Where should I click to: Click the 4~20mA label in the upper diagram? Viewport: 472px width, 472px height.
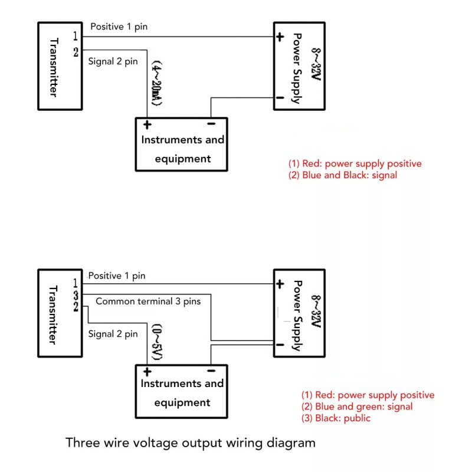click(156, 83)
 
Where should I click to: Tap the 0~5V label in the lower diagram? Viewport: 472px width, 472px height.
click(157, 342)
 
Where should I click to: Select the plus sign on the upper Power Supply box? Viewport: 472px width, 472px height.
click(280, 37)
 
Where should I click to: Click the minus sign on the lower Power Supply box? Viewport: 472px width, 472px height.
click(280, 345)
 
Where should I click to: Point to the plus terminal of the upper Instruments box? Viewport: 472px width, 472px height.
click(147, 124)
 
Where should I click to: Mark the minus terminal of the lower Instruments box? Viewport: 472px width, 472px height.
click(211, 371)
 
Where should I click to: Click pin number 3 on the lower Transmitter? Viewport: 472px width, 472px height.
click(76, 296)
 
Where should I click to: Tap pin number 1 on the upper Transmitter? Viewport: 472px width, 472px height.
click(76, 36)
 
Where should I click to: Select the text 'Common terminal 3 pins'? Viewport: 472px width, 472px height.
click(148, 301)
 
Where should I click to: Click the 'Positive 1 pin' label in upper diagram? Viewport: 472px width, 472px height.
click(119, 27)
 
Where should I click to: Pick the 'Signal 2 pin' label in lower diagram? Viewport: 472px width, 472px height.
click(113, 334)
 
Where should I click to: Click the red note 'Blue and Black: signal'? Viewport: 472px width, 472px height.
click(349, 175)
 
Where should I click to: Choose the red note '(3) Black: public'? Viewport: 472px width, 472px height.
click(336, 418)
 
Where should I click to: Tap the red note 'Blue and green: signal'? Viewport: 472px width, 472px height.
click(364, 407)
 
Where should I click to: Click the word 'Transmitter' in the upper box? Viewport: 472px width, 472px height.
click(54, 67)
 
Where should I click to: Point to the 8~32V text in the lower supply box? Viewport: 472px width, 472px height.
click(316, 312)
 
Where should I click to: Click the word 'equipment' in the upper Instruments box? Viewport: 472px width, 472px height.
click(183, 159)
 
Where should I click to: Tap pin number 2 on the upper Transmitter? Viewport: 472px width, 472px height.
click(76, 52)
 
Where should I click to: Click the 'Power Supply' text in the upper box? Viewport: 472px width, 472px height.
click(297, 68)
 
